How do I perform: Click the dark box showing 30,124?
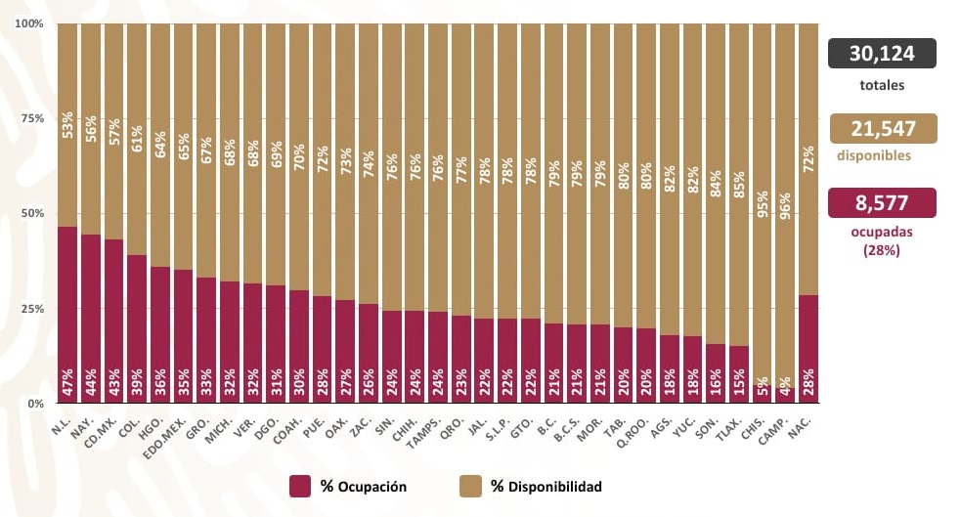pos(882,53)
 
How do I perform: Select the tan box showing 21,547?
pos(882,128)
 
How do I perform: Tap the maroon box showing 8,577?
pos(882,202)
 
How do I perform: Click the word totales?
pos(882,85)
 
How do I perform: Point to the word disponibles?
pos(873,155)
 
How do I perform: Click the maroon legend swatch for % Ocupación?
pos(300,486)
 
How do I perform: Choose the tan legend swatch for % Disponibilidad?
pos(469,486)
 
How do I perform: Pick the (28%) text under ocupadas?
pos(882,251)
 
